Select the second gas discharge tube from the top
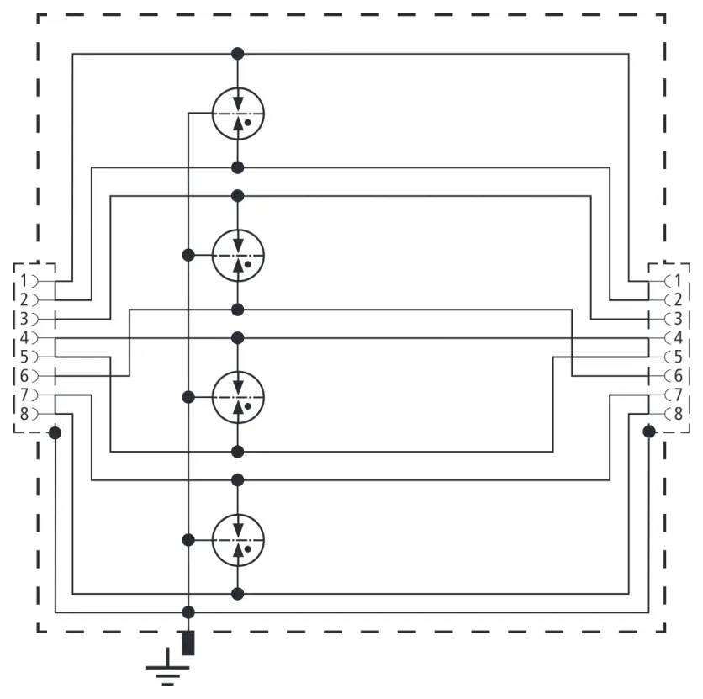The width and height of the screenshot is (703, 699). tap(238, 254)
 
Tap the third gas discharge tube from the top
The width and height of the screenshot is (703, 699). tap(238, 396)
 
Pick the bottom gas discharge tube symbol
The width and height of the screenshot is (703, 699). tap(238, 539)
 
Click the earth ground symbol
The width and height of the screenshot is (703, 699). tap(168, 673)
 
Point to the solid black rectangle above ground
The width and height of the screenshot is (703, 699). tap(188, 642)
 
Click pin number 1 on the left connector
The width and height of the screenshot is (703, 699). tap(25, 280)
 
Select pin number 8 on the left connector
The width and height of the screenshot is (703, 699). tap(25, 413)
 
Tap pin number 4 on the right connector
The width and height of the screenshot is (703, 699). tap(677, 337)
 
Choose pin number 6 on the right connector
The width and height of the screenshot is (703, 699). tap(677, 376)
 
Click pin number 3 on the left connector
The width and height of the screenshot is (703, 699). tap(25, 319)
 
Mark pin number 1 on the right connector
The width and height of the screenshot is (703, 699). tap(677, 280)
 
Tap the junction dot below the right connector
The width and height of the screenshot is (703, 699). tap(648, 432)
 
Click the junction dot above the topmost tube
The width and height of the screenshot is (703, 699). tap(238, 54)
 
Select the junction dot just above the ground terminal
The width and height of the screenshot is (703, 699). tap(188, 612)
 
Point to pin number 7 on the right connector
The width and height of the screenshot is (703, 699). tap(677, 395)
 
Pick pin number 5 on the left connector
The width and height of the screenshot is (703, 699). tap(25, 357)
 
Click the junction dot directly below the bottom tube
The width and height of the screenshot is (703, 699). tap(238, 594)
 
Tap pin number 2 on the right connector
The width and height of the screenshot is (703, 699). tap(677, 299)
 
